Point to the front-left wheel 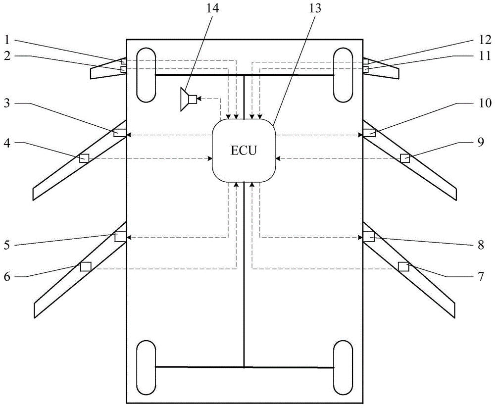[x=146, y=75]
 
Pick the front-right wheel [x=343, y=75]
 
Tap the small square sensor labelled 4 [x=84, y=158]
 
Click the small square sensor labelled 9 [x=405, y=158]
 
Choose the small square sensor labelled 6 [x=86, y=266]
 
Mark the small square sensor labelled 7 [x=403, y=266]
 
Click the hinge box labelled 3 [x=119, y=133]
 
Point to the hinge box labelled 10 [x=369, y=133]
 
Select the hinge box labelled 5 [x=120, y=237]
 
